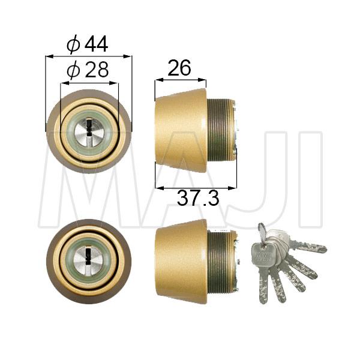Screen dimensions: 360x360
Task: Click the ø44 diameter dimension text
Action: tap(88, 44)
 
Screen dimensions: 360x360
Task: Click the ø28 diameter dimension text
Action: tap(88, 71)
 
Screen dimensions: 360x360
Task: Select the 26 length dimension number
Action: tap(179, 68)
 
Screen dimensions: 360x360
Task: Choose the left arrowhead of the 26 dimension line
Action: tap(157, 80)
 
